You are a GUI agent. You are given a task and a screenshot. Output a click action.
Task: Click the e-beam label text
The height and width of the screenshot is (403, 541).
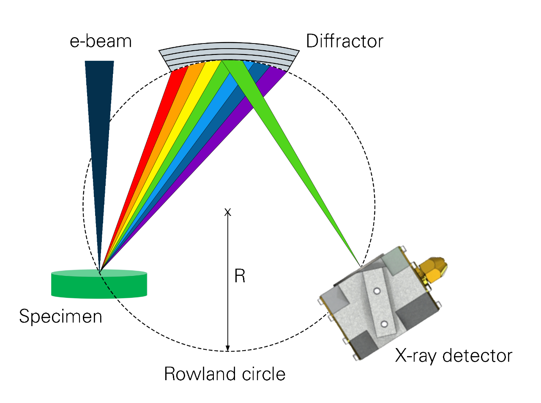pyautogui.click(x=101, y=41)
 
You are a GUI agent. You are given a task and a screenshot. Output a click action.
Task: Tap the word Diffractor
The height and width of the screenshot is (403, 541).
pyautogui.click(x=344, y=41)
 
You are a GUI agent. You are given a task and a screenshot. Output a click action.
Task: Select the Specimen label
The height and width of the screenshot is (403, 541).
pyautogui.click(x=60, y=316)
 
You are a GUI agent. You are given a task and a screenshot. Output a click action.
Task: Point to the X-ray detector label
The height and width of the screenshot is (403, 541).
pyautogui.click(x=454, y=356)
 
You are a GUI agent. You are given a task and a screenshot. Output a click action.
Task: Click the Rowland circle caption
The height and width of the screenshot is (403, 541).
pyautogui.click(x=224, y=374)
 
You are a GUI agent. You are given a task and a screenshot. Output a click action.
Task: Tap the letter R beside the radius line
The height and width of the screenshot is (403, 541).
pyautogui.click(x=240, y=276)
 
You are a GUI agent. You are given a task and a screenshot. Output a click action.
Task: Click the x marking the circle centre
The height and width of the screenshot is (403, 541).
pyautogui.click(x=228, y=212)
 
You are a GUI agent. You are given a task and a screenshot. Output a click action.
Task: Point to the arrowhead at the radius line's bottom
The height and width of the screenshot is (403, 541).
pyautogui.click(x=228, y=348)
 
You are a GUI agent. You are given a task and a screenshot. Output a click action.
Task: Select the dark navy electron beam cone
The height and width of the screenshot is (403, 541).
pyautogui.click(x=100, y=127)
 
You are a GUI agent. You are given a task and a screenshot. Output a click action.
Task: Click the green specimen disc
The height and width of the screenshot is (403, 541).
pyautogui.click(x=99, y=285)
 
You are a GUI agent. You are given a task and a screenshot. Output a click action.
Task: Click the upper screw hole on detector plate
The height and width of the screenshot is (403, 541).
pyautogui.click(x=376, y=291)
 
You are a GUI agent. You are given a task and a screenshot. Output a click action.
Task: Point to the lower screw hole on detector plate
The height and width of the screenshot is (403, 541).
pyautogui.click(x=384, y=324)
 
